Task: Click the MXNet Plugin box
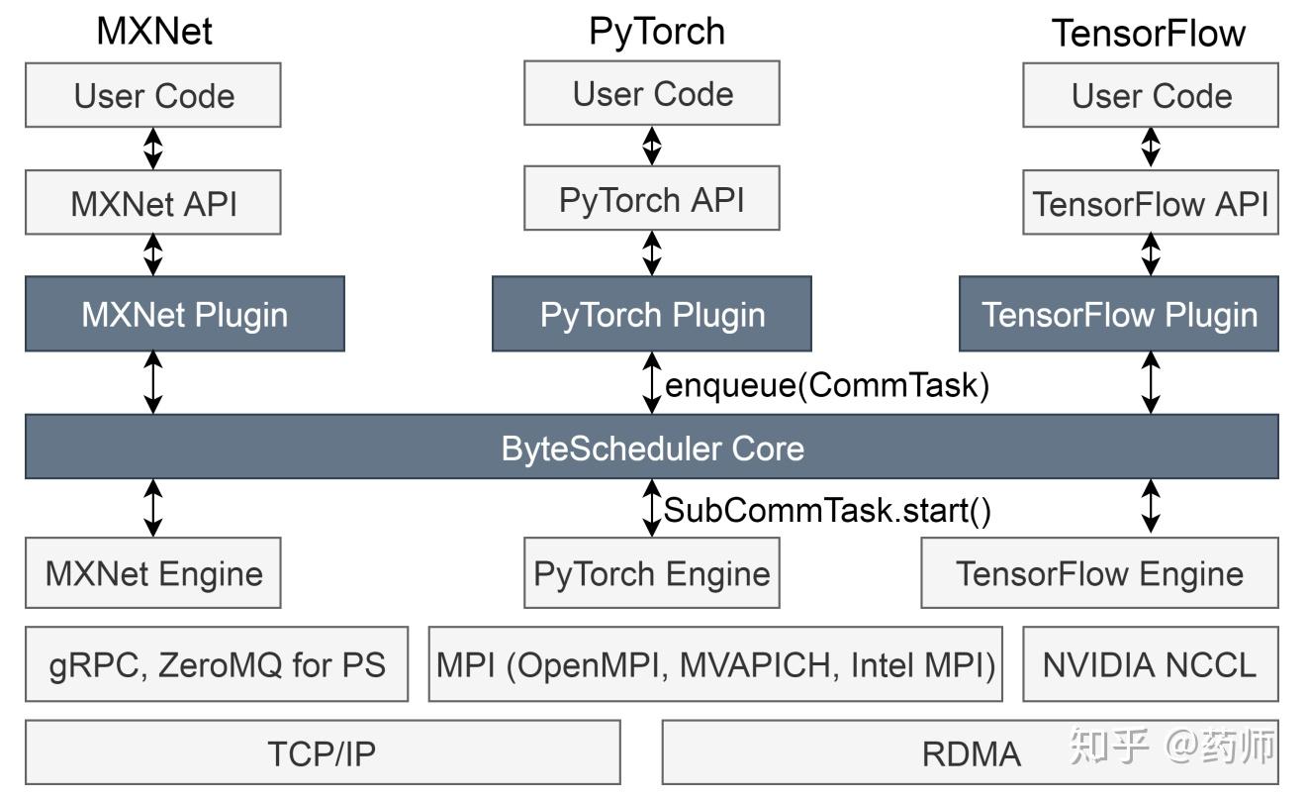pos(184,314)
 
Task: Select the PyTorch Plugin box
pos(652,314)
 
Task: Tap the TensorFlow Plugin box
pos(1119,314)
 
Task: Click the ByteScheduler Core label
pos(652,449)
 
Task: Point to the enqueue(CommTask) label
pos(827,385)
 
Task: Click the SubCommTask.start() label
pos(827,511)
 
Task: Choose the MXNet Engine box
pos(153,573)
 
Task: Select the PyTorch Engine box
pos(652,573)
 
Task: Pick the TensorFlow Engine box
pos(1099,573)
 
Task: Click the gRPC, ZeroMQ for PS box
pos(217,663)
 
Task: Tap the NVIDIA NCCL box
pos(1150,663)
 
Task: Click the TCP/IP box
pos(323,753)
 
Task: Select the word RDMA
pos(971,754)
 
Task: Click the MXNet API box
pos(153,203)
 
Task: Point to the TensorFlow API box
pos(1150,203)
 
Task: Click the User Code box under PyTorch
pos(652,94)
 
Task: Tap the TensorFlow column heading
pos(1149,33)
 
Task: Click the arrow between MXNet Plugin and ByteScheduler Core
pos(153,382)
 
